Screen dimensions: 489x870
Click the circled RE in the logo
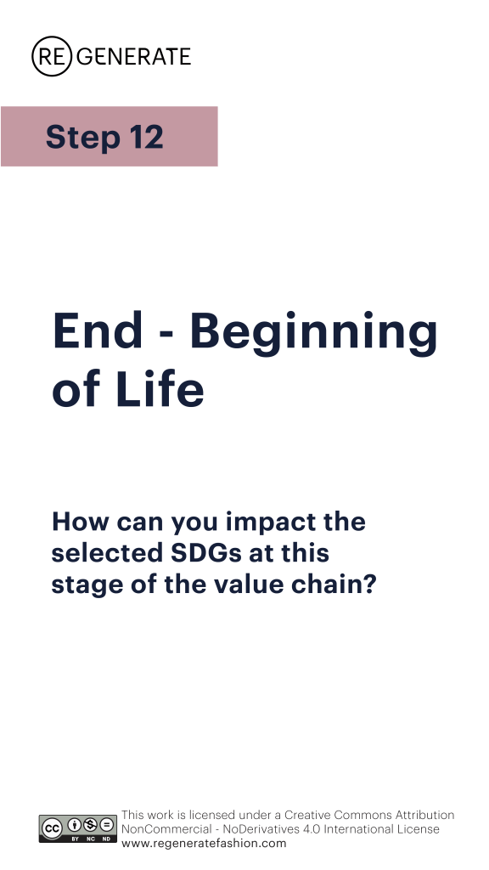pos(52,56)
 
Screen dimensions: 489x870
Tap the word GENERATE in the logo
pos(133,57)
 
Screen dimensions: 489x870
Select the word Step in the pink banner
pos(82,137)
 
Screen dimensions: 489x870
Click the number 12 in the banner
pos(146,137)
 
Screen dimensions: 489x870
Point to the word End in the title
pos(98,330)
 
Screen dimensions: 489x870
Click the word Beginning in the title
pos(314,333)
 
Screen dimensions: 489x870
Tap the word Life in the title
pos(160,388)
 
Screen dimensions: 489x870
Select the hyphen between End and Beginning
pos(167,336)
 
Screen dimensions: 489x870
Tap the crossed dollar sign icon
pos(90,824)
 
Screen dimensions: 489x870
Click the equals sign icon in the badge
pos(106,824)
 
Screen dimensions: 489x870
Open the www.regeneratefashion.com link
pos(204,844)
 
